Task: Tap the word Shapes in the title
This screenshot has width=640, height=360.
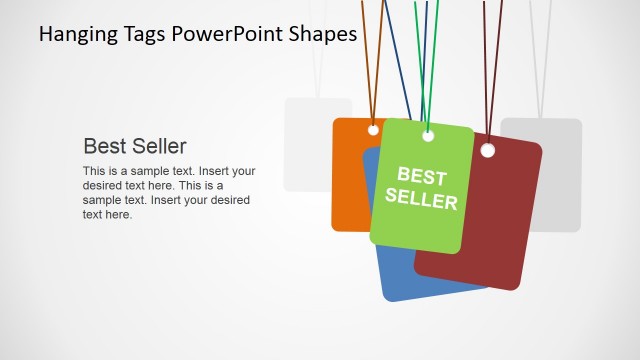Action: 322,35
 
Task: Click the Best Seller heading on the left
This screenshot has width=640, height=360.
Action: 134,145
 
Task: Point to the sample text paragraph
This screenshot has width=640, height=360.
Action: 168,192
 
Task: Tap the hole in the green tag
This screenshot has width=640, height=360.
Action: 428,135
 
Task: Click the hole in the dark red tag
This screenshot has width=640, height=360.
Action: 488,151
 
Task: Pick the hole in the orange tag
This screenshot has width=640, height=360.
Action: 373,130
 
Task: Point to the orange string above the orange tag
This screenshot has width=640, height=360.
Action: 368,60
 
